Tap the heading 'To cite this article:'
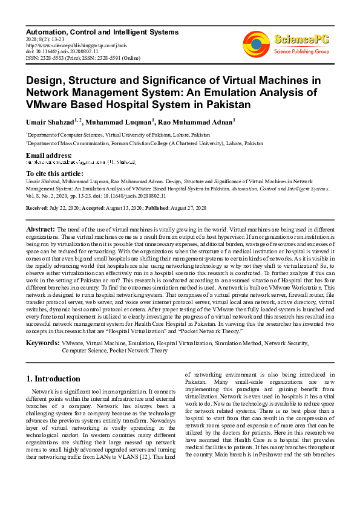[55, 173]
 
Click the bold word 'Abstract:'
[40, 230]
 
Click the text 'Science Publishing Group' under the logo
[301, 52]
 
